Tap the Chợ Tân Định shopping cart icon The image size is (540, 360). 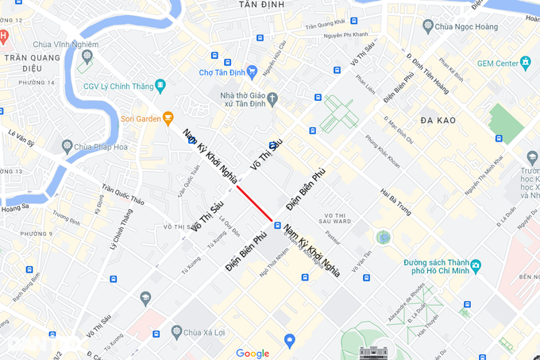(x=252, y=72)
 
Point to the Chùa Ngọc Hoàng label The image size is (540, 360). (x=465, y=25)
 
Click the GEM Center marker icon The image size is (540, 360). (x=525, y=62)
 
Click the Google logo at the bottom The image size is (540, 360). (x=253, y=354)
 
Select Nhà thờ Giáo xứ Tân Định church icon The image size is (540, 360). (x=273, y=99)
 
